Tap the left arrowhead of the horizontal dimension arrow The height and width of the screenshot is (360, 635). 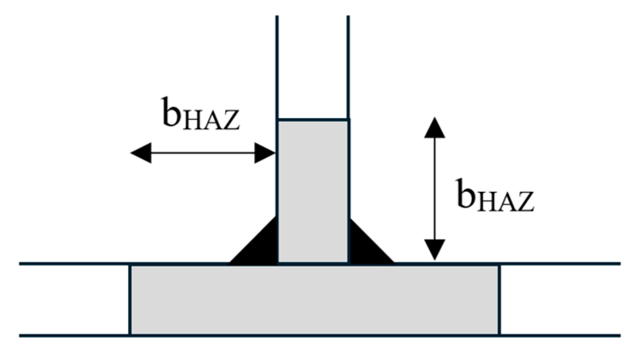pos(140,153)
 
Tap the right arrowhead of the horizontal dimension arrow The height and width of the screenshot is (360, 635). pos(265,153)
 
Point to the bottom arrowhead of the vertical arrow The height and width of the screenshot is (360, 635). pos(434,250)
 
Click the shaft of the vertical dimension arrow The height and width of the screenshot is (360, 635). pos(434,189)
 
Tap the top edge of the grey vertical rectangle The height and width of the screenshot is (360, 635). pos(313,120)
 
